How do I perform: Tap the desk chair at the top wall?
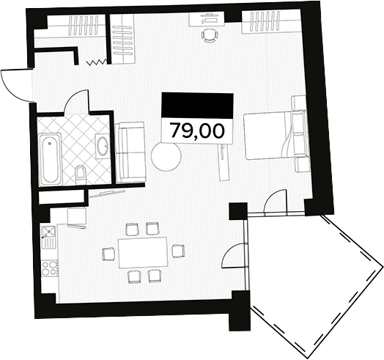click(x=210, y=35)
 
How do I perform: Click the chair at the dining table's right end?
click(x=177, y=251)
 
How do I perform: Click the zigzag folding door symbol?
click(x=95, y=63)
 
